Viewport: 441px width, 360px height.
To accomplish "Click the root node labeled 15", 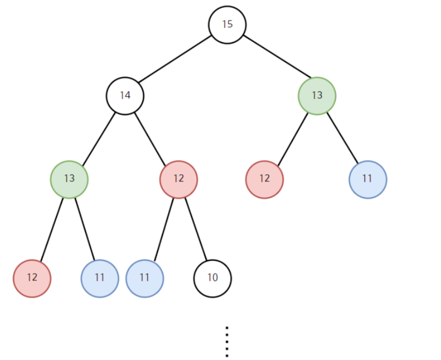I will click(x=227, y=24).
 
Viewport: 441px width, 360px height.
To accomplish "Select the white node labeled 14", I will click(x=125, y=96).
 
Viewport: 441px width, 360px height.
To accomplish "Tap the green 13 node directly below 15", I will click(x=317, y=96).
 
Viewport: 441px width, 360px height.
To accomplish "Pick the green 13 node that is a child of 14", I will click(x=69, y=179).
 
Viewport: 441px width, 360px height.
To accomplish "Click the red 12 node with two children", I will click(x=178, y=179).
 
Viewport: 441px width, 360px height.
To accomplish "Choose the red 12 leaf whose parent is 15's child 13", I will click(x=264, y=179).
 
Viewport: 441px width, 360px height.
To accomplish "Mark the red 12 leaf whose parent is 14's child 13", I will click(x=32, y=278).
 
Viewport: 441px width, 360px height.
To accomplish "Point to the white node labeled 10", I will click(x=213, y=278).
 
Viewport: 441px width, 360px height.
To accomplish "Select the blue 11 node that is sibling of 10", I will click(x=145, y=278).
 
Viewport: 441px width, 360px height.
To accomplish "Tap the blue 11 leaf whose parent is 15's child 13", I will click(x=368, y=179).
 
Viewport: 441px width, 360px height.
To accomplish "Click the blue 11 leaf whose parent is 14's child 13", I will click(x=100, y=278).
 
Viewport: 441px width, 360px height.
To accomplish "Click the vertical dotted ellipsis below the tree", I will click(x=227, y=342).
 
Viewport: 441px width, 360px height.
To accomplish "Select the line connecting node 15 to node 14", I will click(x=176, y=60).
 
